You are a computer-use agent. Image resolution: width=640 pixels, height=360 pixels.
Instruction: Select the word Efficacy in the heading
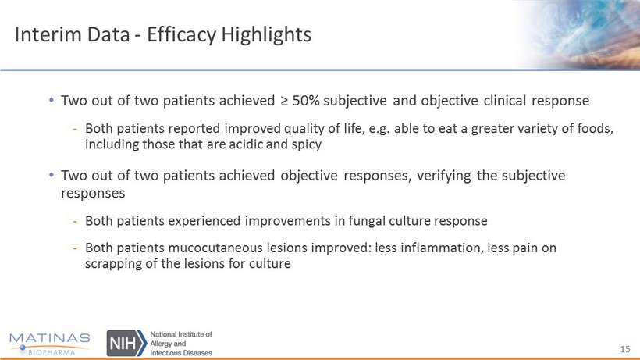[182, 34]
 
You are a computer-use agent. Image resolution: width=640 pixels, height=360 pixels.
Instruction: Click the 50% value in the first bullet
[306, 101]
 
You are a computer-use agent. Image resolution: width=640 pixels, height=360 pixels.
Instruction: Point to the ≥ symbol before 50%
[284, 101]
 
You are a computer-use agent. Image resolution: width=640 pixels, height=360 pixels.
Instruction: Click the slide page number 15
[625, 349]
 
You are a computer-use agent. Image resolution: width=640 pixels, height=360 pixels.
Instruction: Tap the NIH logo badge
[126, 343]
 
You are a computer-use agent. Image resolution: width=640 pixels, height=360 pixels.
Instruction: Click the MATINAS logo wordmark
[49, 338]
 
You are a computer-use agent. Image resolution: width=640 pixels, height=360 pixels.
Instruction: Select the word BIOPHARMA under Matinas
[52, 352]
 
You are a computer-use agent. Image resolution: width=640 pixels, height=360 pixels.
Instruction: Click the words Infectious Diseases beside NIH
[181, 353]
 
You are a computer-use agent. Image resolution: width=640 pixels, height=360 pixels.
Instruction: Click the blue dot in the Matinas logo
[23, 348]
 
